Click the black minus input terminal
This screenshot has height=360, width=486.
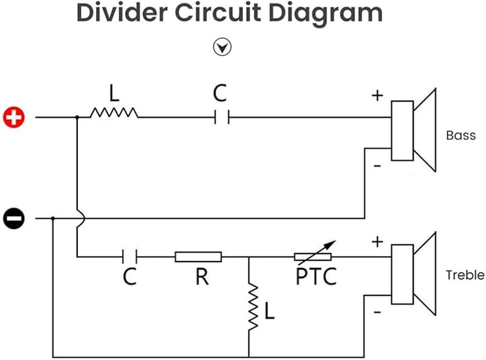click(13, 218)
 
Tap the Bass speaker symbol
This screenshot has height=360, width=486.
click(413, 131)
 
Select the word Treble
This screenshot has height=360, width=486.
click(464, 275)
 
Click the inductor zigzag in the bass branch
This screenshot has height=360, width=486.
click(114, 113)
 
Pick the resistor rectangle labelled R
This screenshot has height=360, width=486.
click(198, 257)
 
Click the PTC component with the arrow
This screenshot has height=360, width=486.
click(313, 255)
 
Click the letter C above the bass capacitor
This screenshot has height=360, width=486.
click(220, 93)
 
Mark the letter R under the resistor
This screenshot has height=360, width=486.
click(202, 277)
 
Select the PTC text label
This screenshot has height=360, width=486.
click(316, 277)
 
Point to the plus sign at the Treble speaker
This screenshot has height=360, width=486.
click(377, 242)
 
